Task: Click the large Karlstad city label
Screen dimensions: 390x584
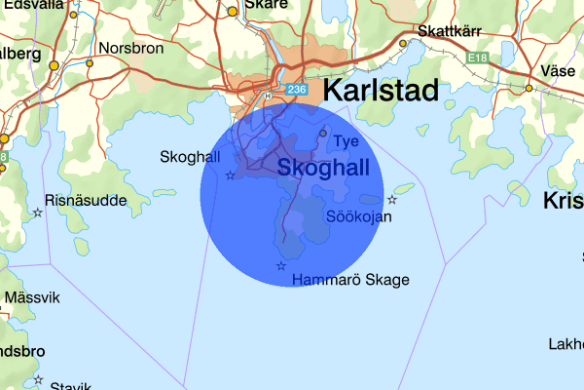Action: tap(380, 93)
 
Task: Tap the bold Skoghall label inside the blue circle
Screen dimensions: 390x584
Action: tap(323, 168)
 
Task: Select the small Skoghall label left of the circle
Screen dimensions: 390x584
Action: tap(190, 156)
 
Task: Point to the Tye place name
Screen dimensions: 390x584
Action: tap(347, 141)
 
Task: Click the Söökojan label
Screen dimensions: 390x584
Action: tap(359, 216)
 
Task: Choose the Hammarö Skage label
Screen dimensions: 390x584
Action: tap(350, 280)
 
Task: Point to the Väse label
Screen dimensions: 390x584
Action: tap(558, 71)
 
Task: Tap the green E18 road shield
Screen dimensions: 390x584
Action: tap(477, 59)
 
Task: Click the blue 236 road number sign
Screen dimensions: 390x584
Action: tap(298, 90)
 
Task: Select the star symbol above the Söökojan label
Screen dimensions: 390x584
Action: tap(392, 199)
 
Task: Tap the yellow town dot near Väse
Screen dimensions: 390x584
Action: tap(529, 88)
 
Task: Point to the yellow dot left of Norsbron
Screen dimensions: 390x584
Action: tap(90, 63)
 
